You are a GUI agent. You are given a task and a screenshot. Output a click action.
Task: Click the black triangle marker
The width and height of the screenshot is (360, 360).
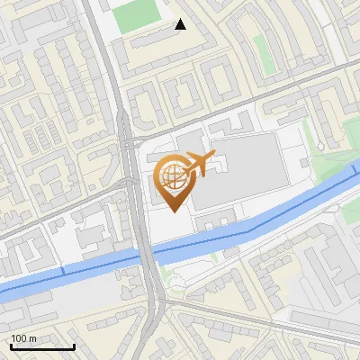click(181, 24)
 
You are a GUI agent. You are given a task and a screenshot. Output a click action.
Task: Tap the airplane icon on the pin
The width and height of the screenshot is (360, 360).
click(200, 163)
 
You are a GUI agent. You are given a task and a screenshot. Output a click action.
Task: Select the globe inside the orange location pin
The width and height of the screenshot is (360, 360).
click(173, 175)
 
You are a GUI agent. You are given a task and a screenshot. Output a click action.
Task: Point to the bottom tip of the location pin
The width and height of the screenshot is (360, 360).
click(173, 211)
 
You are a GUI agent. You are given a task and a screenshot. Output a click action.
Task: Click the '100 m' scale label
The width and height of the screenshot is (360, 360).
click(24, 337)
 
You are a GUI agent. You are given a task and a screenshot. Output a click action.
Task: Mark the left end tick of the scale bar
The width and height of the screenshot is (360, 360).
click(10, 346)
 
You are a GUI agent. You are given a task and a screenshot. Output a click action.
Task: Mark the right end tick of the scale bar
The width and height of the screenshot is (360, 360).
click(74, 346)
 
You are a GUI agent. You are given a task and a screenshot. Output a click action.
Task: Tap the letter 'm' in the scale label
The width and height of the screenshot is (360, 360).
click(33, 337)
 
